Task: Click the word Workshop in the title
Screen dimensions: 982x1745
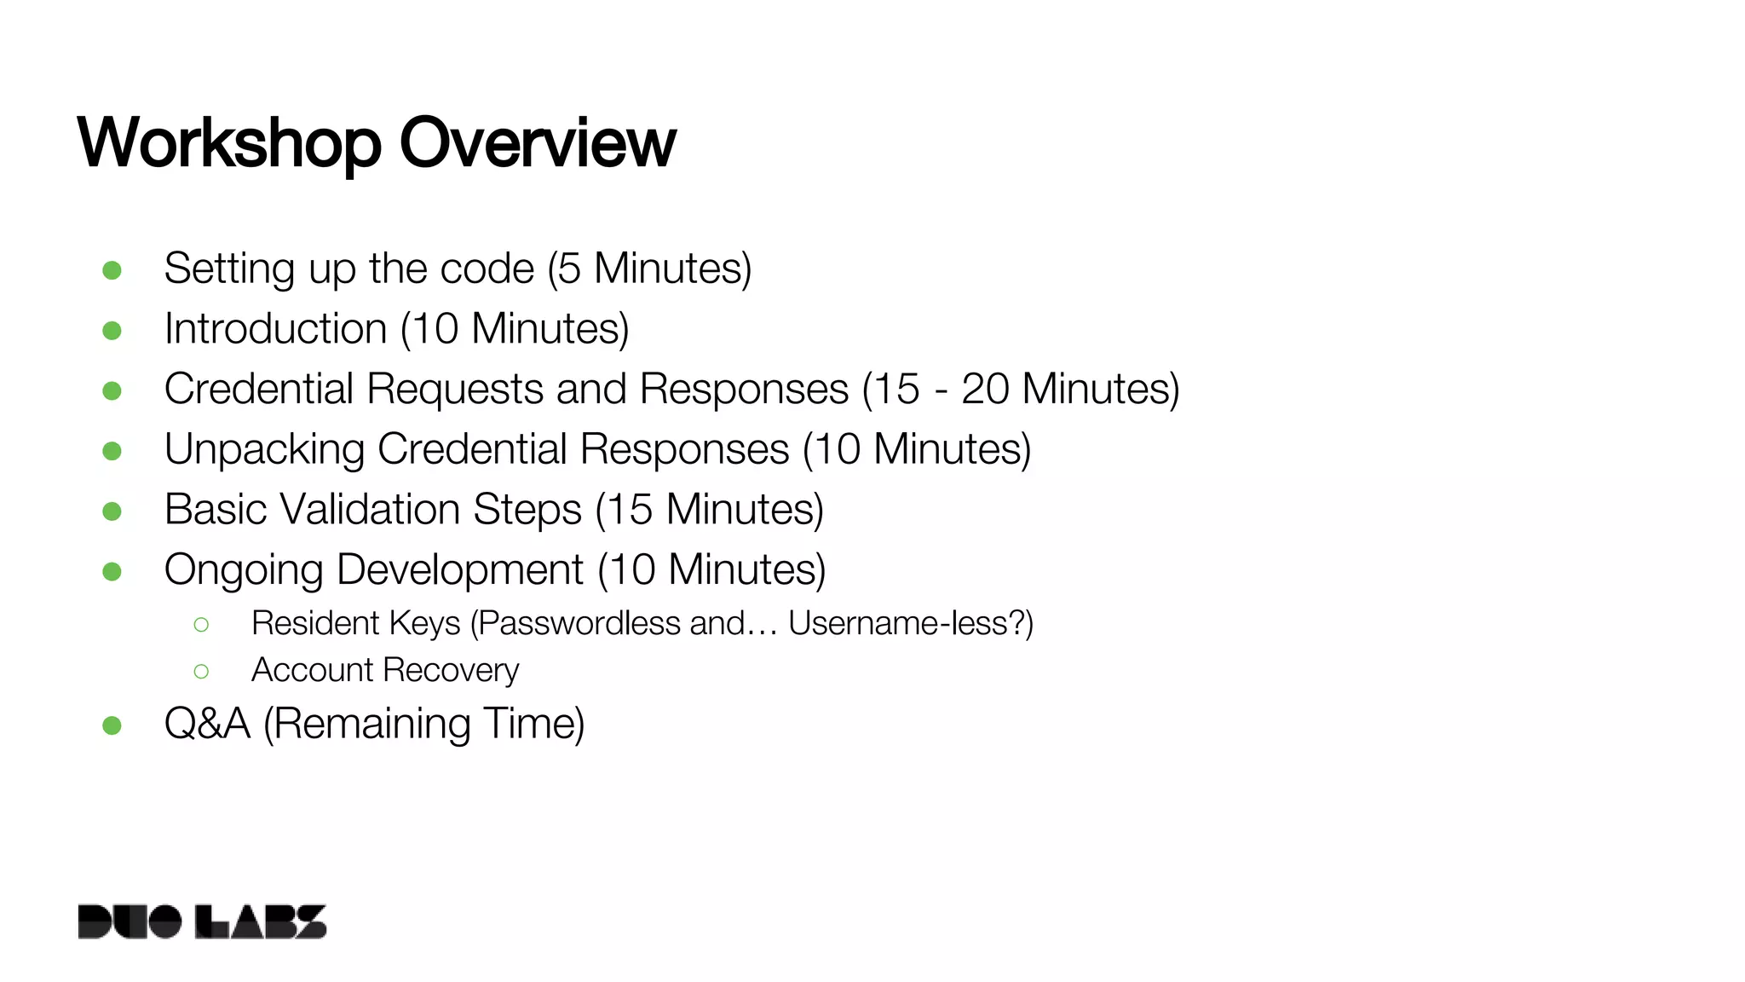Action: (228, 143)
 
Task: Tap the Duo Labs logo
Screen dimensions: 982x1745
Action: (202, 921)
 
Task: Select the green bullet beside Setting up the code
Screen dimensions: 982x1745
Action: (112, 270)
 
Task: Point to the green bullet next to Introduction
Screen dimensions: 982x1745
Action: (112, 330)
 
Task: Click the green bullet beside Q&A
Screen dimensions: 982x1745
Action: (112, 725)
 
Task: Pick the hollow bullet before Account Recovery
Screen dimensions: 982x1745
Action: (201, 672)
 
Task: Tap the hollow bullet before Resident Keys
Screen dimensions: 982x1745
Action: (201, 625)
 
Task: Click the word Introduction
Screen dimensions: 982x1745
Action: (275, 329)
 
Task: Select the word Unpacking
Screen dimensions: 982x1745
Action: (264, 449)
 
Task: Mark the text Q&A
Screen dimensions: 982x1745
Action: (207, 724)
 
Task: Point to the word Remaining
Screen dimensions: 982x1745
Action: (372, 725)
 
